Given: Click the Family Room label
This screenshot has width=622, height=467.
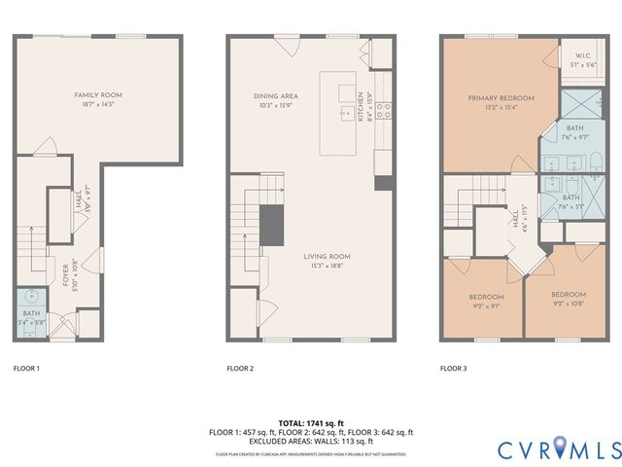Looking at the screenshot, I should tap(98, 95).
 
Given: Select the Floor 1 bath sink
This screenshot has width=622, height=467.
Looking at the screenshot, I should tap(31, 295).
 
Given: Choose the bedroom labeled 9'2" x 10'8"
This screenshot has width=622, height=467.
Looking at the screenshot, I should tap(569, 295).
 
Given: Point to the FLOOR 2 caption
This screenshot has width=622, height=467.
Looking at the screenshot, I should tap(240, 369).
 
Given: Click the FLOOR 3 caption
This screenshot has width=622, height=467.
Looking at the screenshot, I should tap(453, 369).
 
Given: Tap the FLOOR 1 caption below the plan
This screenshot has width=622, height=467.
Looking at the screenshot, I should tap(26, 369).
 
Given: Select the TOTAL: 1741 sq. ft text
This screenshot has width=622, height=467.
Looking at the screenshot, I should tap(311, 423).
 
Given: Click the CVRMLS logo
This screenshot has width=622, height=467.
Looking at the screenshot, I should tap(560, 449).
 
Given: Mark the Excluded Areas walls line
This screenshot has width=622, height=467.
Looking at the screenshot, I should tap(311, 440).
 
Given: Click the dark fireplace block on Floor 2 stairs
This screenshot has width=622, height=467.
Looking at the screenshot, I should tap(270, 225).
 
